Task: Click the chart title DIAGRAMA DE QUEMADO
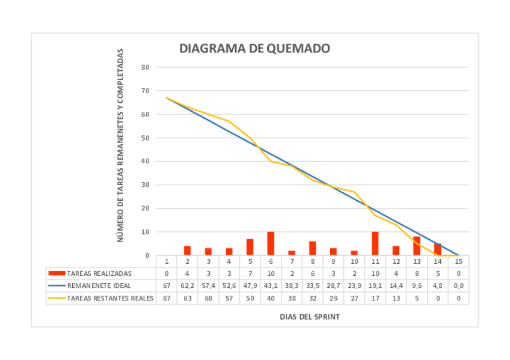254,49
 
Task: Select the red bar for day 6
271,243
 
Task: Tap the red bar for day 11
375,243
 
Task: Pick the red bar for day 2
187,251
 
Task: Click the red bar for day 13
417,246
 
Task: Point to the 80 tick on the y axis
145,67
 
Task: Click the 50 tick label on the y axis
145,138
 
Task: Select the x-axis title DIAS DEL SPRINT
309,317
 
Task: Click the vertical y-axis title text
120,145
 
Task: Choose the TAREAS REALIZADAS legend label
99,273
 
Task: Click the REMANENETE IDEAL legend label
99,285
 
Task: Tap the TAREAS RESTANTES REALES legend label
110,297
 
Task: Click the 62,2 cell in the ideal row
187,285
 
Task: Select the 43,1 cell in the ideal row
271,285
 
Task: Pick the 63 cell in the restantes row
187,297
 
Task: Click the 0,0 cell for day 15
458,285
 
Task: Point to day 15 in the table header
458,261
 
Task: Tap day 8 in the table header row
313,261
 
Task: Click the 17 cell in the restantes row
375,297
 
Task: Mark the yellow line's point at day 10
354,192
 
